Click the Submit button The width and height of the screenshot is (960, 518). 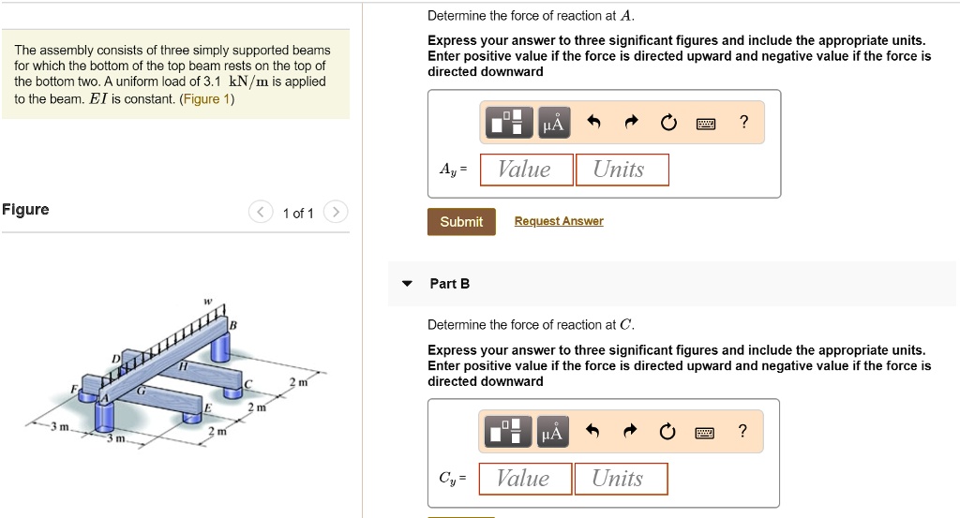(461, 222)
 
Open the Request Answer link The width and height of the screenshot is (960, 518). (559, 221)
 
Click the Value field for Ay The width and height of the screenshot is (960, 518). (524, 170)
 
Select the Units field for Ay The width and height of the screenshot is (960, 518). (622, 170)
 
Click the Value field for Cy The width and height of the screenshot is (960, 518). (523, 479)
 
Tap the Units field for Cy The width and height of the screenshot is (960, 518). (620, 479)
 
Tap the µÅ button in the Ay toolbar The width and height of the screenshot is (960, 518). (553, 123)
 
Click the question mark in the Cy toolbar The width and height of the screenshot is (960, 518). (742, 431)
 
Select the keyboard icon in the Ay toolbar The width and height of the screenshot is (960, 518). (705, 123)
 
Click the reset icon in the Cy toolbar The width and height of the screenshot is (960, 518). (667, 432)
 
